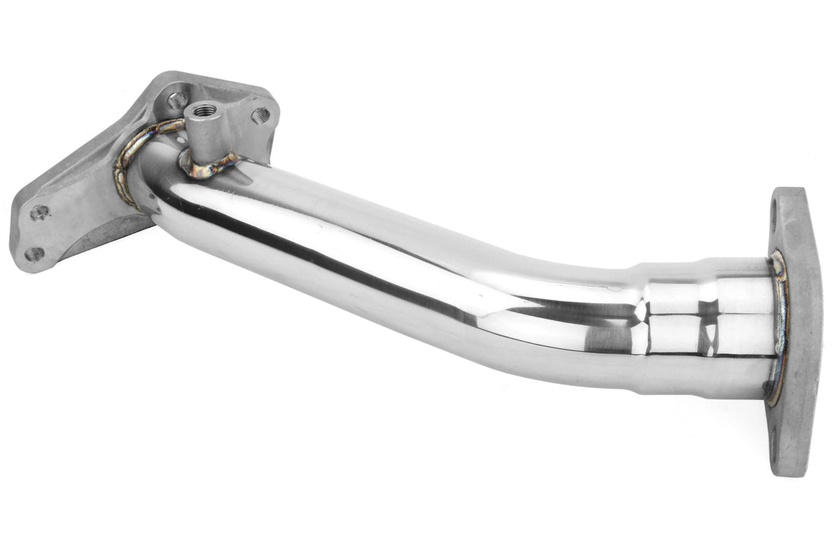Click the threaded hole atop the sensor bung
[205, 109]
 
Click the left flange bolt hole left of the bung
[177, 101]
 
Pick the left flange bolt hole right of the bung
[260, 115]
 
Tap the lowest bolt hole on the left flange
[33, 254]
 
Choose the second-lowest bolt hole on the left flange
[39, 212]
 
